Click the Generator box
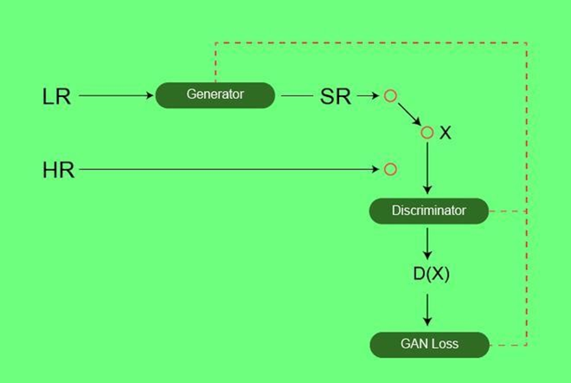click(215, 95)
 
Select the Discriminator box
click(429, 211)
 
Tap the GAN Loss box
click(430, 345)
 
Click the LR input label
click(57, 97)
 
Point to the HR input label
click(58, 170)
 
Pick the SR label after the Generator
click(335, 97)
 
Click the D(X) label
click(431, 274)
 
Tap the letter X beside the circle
click(445, 133)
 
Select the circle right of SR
click(390, 96)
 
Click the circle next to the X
click(427, 133)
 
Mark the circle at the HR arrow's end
click(390, 169)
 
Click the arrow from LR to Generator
click(116, 95)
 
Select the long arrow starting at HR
click(229, 169)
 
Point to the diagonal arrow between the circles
click(410, 114)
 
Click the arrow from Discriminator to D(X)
click(427, 243)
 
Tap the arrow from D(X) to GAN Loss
click(427, 310)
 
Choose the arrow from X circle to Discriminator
click(427, 168)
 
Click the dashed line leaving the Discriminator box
click(507, 211)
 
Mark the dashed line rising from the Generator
click(371, 43)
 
